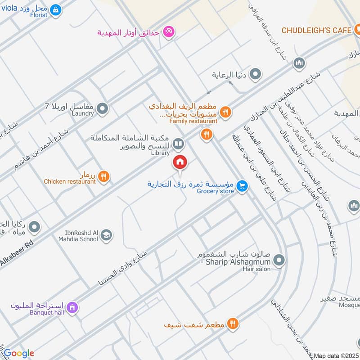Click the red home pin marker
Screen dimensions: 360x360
tap(180, 162)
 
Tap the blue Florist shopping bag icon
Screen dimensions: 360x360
tap(55, 9)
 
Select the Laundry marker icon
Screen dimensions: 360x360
tap(103, 108)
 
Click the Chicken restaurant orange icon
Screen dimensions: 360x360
tap(104, 176)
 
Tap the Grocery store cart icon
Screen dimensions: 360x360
tap(243, 185)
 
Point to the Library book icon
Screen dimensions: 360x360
tap(179, 144)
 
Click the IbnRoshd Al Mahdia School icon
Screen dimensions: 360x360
tap(106, 235)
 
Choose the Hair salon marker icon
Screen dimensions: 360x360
tap(279, 260)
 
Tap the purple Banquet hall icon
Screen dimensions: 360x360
tap(72, 308)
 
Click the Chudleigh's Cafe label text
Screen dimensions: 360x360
tap(316, 30)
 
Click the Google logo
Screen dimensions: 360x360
tap(19, 353)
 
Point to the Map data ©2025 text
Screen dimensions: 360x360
tap(336, 356)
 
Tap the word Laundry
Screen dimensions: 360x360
tap(82, 114)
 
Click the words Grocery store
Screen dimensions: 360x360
tap(216, 191)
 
